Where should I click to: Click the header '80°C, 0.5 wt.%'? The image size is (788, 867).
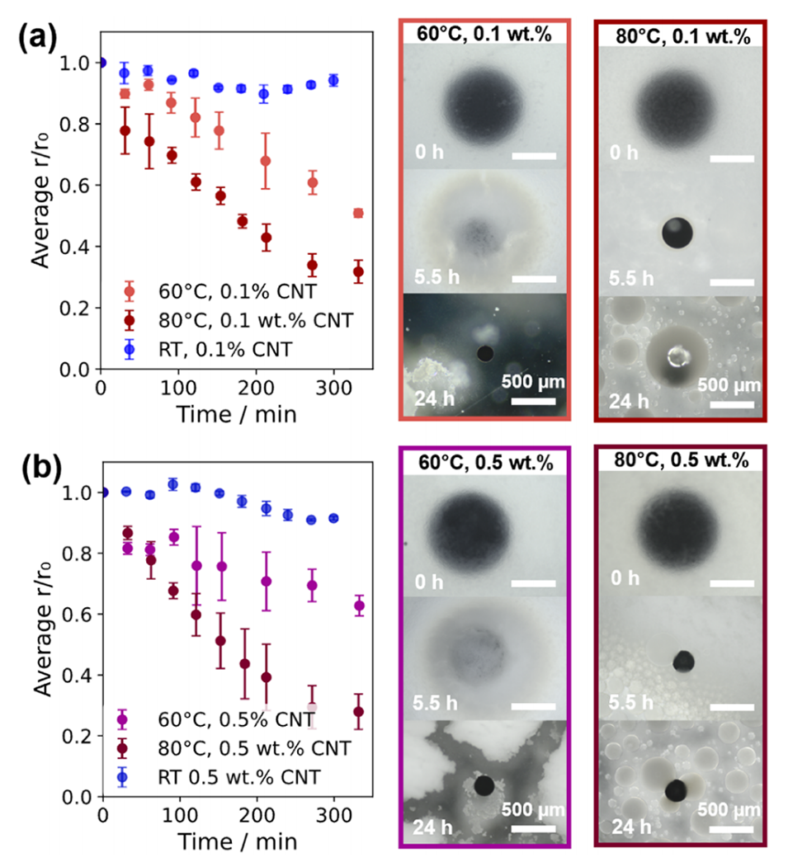tap(680, 459)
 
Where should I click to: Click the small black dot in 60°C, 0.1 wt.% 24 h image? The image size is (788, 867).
tap(485, 354)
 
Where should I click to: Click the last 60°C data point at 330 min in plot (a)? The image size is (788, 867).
tap(358, 213)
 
